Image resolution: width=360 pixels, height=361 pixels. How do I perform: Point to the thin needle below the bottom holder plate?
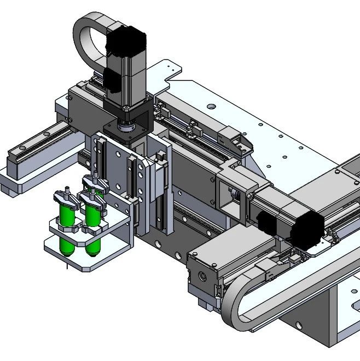[x=65, y=267]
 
